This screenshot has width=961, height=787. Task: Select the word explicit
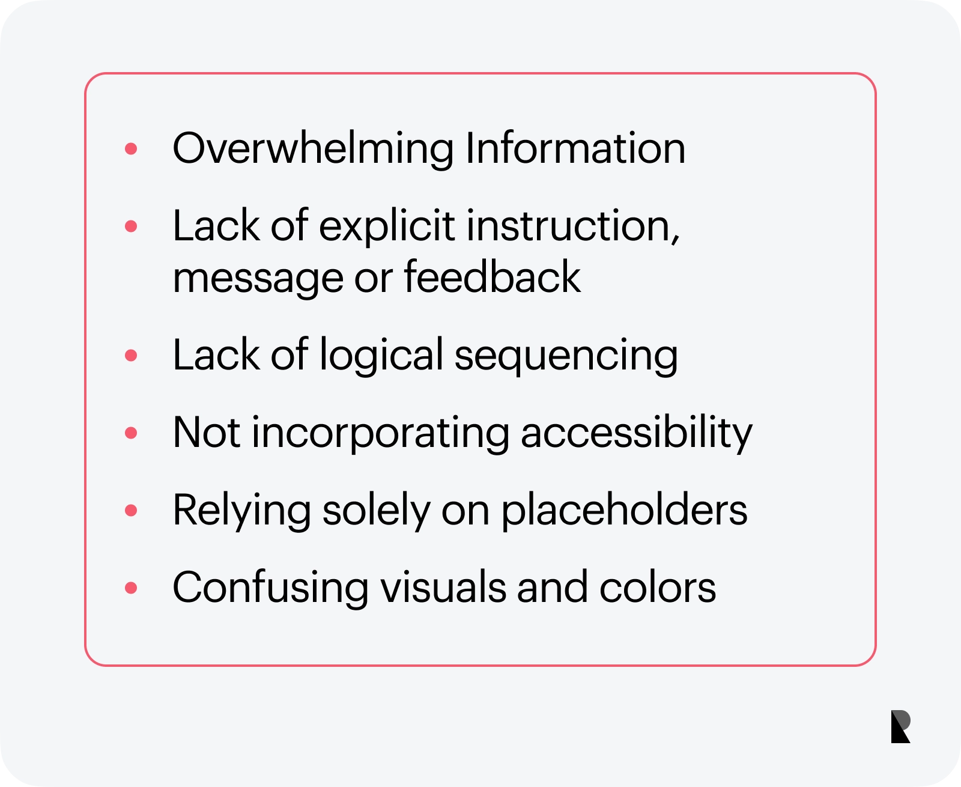pos(386,227)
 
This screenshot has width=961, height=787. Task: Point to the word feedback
pos(492,276)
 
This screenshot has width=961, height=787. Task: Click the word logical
pos(381,356)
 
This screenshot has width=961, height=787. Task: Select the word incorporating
pos(380,434)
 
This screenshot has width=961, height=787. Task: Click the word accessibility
pos(637,434)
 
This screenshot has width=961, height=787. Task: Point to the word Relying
pos(242,511)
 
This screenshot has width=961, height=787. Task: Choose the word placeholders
pos(624,511)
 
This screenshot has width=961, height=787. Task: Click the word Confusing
pos(271,589)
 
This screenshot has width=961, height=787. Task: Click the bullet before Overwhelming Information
pos(131,148)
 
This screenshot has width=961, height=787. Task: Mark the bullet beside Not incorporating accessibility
pos(131,433)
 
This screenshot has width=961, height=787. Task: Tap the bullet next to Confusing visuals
pos(131,588)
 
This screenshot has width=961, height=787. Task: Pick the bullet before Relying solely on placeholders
pos(131,511)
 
